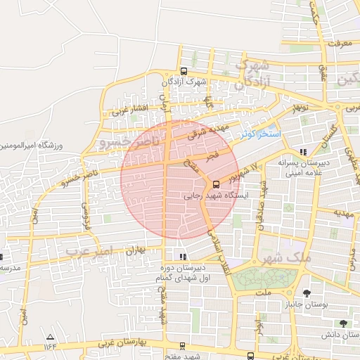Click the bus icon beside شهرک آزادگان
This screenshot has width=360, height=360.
(184, 71)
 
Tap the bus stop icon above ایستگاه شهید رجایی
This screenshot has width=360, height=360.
(215, 185)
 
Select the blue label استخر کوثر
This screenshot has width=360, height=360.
(259, 134)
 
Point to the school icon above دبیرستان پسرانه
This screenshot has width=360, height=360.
(303, 152)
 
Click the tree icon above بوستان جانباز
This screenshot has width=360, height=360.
(307, 292)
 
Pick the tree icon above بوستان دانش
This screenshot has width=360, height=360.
(342, 323)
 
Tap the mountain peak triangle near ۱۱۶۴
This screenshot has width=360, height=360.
(50, 337)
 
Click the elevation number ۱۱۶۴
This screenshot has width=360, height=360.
(50, 347)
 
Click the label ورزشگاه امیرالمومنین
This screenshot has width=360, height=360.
(31, 146)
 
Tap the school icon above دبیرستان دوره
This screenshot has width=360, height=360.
(184, 257)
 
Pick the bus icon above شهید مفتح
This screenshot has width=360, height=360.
(183, 346)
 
